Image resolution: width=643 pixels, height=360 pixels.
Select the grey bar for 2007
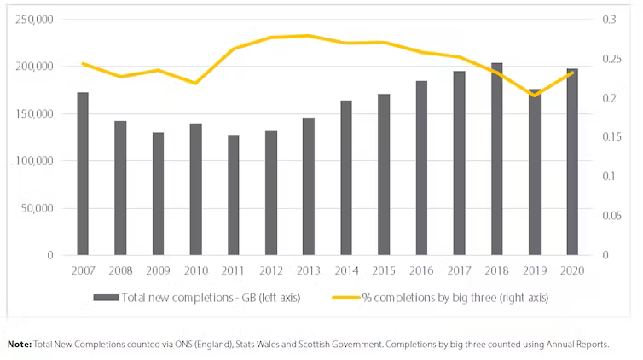(x=83, y=174)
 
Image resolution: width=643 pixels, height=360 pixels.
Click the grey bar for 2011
(x=234, y=195)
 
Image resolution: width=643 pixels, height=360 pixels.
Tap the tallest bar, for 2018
(x=496, y=159)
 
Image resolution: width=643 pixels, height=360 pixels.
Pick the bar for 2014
(x=346, y=178)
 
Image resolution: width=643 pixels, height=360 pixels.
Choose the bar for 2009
(x=159, y=194)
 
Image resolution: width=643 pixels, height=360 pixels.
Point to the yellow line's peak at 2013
(x=309, y=36)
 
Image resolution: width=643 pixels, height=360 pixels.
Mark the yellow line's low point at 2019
(x=535, y=96)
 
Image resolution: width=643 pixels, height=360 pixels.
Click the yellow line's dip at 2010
(x=195, y=84)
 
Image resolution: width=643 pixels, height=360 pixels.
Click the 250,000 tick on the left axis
(x=34, y=20)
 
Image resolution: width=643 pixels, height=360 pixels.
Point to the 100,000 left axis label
(x=34, y=160)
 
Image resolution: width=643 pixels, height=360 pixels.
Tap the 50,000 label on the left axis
(x=38, y=208)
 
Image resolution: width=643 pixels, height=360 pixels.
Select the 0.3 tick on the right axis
(x=609, y=20)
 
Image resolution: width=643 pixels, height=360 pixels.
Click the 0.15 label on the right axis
(x=611, y=137)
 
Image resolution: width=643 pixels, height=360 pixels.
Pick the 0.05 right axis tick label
(x=611, y=216)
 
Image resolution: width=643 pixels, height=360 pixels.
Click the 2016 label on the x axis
(x=421, y=270)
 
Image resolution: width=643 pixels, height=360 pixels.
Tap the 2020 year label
(x=572, y=270)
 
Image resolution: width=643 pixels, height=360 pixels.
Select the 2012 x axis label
(x=271, y=270)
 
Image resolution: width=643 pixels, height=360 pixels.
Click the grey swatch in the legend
(x=106, y=298)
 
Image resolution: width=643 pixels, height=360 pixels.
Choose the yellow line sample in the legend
(x=346, y=298)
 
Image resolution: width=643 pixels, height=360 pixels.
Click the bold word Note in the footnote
(x=20, y=345)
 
